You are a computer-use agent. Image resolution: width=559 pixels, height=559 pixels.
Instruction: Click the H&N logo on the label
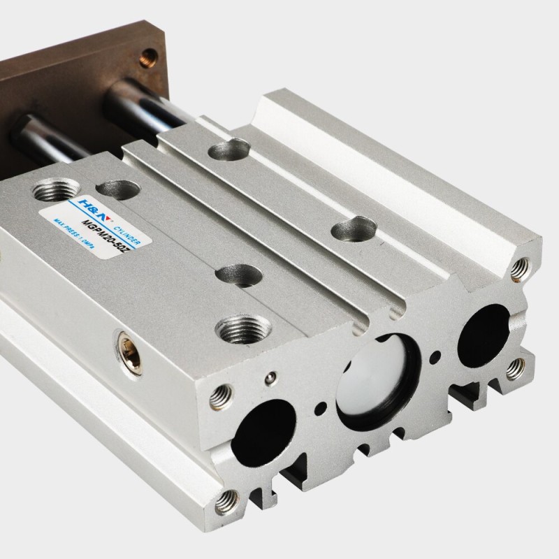78,201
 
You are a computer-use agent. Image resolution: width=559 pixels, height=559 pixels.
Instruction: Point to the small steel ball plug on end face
270,378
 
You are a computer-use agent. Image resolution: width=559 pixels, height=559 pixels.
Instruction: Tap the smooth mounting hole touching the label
116,189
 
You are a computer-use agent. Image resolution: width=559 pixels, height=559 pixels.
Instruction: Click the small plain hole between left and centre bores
319,406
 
